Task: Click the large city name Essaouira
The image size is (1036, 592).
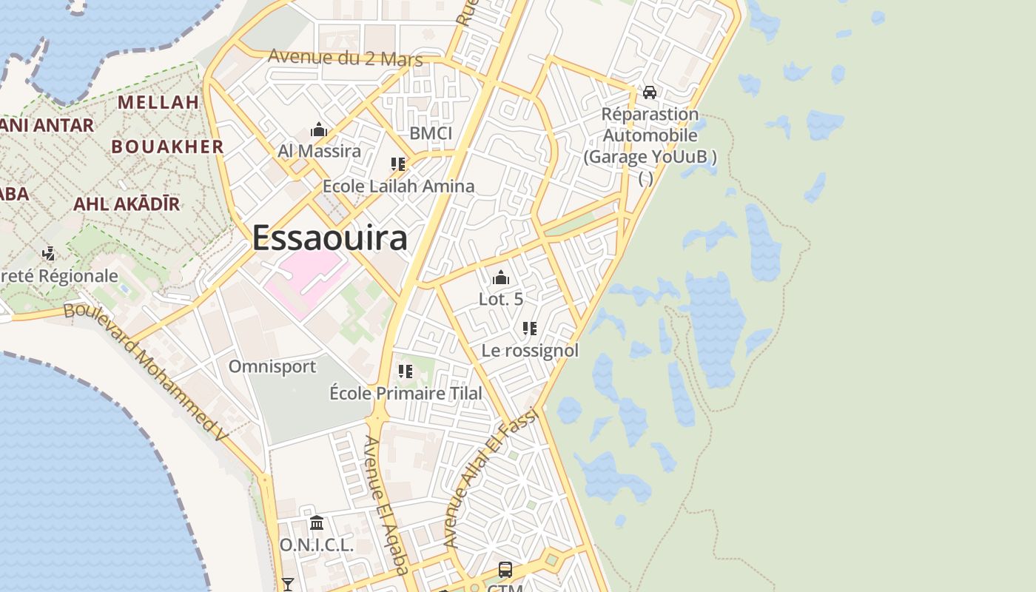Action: point(329,238)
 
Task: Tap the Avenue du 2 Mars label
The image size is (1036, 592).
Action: point(345,58)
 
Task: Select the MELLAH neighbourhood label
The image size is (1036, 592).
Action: point(158,102)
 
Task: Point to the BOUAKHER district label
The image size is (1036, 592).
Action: point(167,147)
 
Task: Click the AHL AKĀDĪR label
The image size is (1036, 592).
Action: point(126,203)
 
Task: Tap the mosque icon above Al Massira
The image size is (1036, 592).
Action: point(319,130)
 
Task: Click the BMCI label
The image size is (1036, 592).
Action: point(430,133)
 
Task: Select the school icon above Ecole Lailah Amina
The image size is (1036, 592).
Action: point(398,164)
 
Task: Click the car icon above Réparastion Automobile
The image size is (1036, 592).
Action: point(650,92)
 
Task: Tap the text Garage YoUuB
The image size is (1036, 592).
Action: point(650,157)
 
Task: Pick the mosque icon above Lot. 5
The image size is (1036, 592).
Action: point(501,278)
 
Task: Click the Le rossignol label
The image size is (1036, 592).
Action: point(530,350)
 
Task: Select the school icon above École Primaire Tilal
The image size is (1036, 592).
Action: point(406,371)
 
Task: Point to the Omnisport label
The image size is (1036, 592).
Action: point(272,366)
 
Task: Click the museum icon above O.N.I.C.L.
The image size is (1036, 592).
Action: point(317,523)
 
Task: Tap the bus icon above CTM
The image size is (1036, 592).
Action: point(505,570)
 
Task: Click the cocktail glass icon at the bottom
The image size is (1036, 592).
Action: point(288,585)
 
